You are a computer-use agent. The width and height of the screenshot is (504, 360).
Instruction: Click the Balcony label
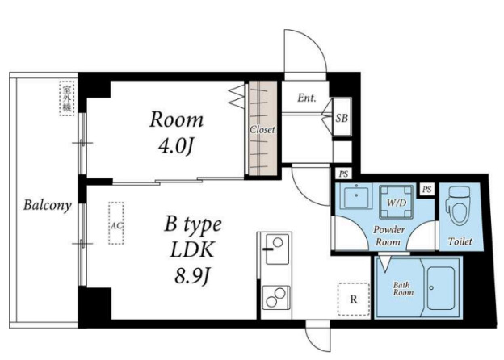coord(48,205)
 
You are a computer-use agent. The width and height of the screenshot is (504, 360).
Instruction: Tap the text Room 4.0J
coord(176,132)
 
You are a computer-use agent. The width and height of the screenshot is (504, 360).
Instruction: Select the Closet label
coord(262,129)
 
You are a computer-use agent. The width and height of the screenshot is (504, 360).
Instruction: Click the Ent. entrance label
coord(307,98)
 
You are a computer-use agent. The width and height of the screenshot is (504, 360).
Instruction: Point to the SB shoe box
coord(342,117)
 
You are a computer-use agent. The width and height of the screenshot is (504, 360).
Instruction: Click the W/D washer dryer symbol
coord(397,202)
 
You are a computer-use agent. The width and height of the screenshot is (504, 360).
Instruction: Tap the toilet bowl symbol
coord(458,206)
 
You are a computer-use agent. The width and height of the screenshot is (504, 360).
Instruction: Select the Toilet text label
coord(460,241)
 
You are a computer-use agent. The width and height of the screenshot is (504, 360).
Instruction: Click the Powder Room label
coord(388,236)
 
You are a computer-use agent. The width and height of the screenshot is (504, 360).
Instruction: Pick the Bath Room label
coord(403,288)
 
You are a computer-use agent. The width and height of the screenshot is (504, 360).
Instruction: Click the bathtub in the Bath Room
coord(440,288)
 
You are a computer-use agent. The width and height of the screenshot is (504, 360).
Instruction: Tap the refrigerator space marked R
coord(354,299)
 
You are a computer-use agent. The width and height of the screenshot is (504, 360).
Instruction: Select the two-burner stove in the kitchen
coord(276,298)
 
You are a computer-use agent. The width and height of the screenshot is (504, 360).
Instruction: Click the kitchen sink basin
coord(277,249)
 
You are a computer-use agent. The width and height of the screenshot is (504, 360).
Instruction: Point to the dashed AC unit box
coord(116,223)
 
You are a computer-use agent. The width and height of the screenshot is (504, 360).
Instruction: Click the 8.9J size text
coord(192,275)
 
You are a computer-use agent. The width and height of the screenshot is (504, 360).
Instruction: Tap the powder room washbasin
coord(356,197)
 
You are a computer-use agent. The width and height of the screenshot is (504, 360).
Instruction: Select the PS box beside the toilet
coord(426,189)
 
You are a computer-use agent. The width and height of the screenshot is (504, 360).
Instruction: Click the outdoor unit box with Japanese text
coord(66,98)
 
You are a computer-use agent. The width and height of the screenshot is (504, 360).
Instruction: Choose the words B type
coord(193,224)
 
